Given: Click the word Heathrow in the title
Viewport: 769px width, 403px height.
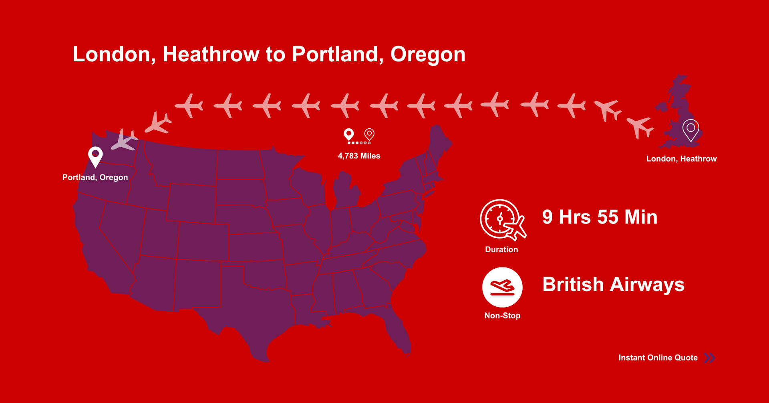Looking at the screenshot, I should (x=211, y=54).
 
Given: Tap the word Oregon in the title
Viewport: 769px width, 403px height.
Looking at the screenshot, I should (x=428, y=55).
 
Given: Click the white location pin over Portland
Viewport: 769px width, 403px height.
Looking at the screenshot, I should (x=95, y=156).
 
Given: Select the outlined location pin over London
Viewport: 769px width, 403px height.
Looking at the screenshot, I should (x=691, y=130).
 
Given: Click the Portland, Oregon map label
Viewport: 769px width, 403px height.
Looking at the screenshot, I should (x=95, y=177).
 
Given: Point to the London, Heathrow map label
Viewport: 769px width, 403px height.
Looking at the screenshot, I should (x=681, y=159).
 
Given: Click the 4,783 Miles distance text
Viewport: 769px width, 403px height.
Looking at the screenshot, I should (x=359, y=156).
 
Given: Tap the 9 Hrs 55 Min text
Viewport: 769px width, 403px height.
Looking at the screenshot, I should (x=600, y=217).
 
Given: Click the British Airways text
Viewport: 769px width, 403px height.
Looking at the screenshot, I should (x=613, y=284).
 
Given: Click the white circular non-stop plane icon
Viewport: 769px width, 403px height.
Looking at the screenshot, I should (x=502, y=287).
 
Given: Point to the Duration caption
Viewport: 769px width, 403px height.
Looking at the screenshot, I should (x=501, y=249).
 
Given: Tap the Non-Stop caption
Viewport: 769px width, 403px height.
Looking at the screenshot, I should (x=502, y=316).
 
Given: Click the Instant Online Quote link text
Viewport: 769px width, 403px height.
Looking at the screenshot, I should (x=658, y=358).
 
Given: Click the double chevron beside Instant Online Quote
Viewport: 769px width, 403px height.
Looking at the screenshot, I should (x=709, y=358).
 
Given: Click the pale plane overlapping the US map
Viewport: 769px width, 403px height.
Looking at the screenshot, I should (x=124, y=140).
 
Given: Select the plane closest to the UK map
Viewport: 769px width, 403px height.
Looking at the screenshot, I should (x=640, y=126).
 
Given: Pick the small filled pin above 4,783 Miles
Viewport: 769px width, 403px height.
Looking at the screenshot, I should (x=349, y=134).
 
